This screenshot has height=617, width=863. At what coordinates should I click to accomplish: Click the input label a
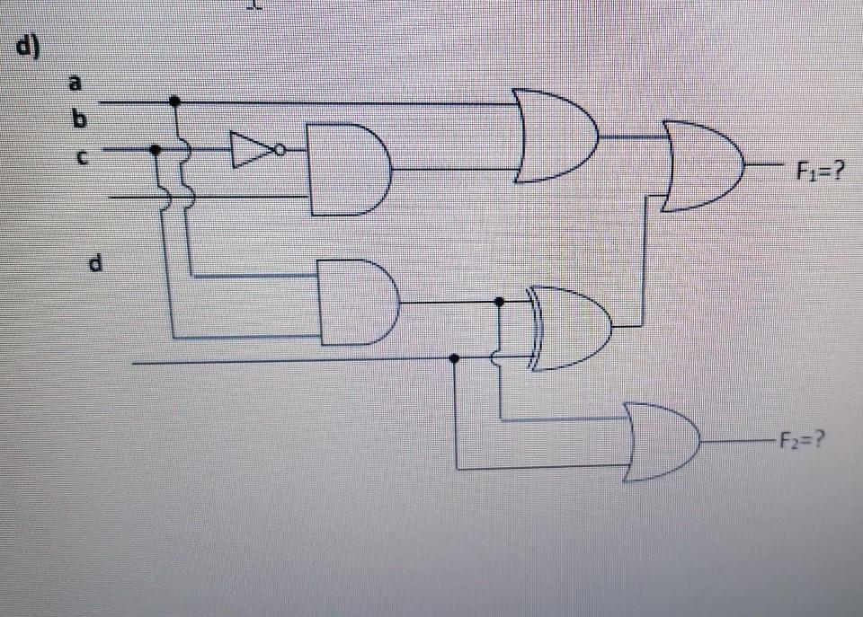click(x=76, y=83)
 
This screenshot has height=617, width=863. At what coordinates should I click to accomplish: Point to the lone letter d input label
click(x=95, y=263)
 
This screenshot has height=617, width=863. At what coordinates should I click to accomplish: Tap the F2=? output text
click(x=803, y=441)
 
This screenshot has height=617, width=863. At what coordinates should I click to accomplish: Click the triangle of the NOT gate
click(x=251, y=150)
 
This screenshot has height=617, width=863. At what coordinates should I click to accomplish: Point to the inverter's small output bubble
click(x=280, y=150)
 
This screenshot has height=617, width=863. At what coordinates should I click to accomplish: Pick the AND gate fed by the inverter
click(x=347, y=170)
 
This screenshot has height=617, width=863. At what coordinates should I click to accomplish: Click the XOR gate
click(x=571, y=328)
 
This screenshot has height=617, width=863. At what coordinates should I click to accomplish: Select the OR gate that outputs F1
click(x=701, y=166)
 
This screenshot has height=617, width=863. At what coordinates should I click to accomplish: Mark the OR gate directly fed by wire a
click(x=554, y=136)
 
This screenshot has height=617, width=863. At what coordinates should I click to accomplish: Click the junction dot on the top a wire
click(x=174, y=101)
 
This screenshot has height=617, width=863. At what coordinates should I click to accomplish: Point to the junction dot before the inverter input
click(x=156, y=150)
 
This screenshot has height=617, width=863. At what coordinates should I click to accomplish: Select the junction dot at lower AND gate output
click(x=500, y=303)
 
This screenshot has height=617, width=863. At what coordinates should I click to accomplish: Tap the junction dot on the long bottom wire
click(x=455, y=358)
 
